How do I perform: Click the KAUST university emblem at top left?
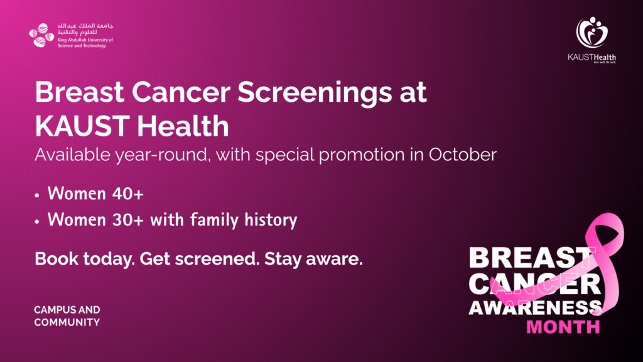[x=41, y=35]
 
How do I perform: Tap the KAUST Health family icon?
[x=592, y=33]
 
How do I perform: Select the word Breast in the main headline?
[x=80, y=92]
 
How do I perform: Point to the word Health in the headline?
[x=183, y=126]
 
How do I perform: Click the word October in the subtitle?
[x=463, y=155]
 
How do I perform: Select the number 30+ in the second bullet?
[x=128, y=220]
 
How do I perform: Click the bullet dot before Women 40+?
[x=37, y=195]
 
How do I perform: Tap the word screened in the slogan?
[x=217, y=259]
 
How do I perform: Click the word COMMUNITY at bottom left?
[x=67, y=322]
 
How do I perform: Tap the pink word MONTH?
[x=563, y=327]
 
